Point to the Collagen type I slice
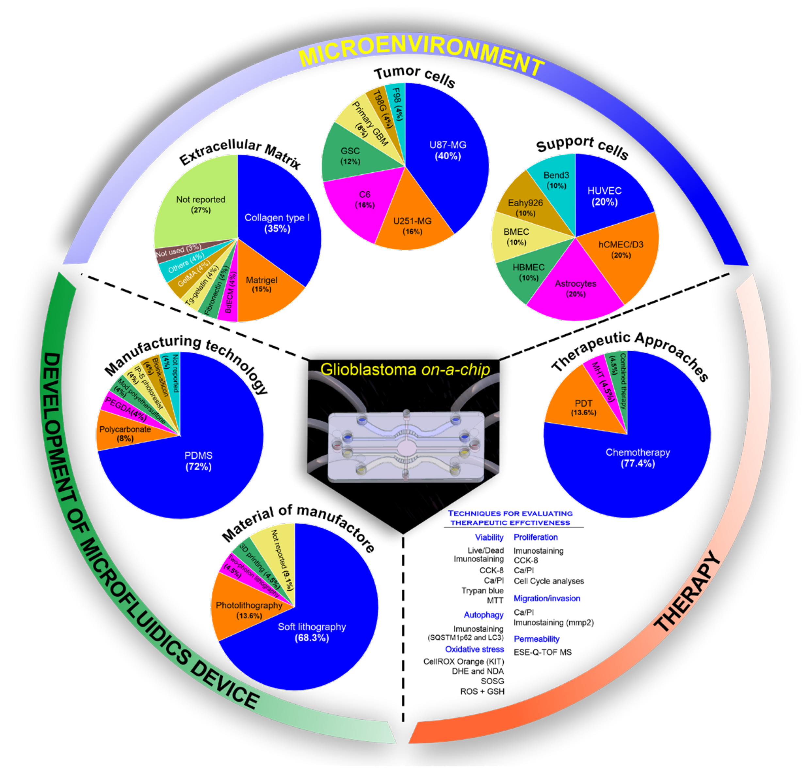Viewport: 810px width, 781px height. coord(277,223)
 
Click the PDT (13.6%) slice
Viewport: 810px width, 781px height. coord(583,407)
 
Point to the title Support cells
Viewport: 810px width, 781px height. coord(582,146)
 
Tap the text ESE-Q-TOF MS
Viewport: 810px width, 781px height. coord(542,652)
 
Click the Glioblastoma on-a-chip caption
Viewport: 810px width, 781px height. coord(405,369)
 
